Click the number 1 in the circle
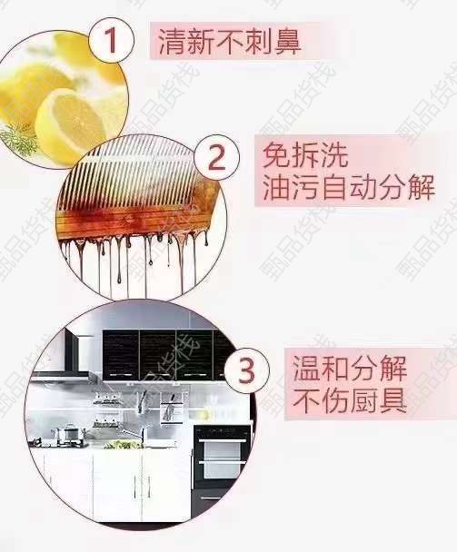pos(111,40)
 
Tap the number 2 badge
pos(217,157)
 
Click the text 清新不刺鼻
pos(230,42)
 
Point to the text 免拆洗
pos(305,155)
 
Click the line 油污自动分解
pos(349,187)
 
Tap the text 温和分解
pos(350,369)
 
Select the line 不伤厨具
pos(350,400)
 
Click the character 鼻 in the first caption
pos(288,43)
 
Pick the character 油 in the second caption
pos(276,187)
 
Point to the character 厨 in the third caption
pos(364,400)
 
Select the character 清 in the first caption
pos(172,43)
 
